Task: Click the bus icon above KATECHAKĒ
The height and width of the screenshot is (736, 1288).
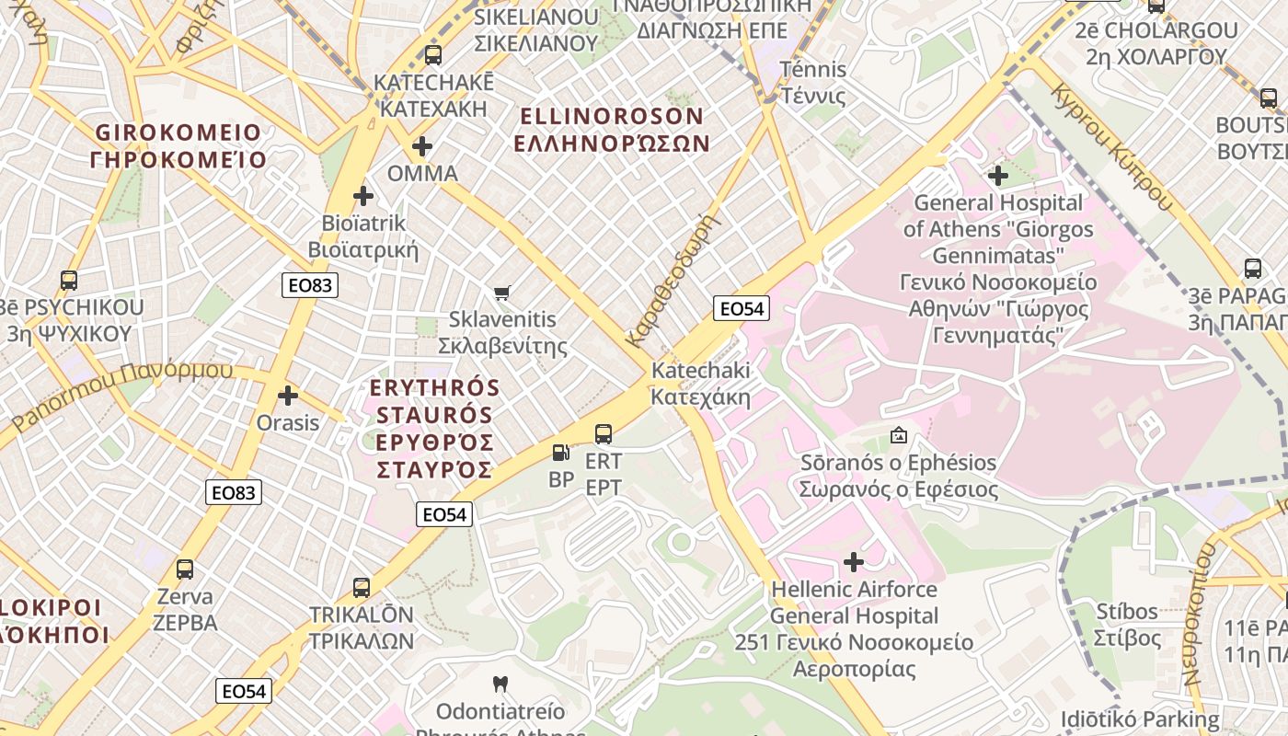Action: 432,55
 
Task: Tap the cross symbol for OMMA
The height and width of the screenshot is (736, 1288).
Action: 422,146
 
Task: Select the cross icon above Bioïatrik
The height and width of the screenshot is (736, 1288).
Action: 363,196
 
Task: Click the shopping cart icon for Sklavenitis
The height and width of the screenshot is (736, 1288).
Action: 501,293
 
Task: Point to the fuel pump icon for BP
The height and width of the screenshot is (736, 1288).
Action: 560,453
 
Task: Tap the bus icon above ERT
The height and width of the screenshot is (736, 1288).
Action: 604,434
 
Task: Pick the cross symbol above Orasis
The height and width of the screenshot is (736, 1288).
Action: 288,397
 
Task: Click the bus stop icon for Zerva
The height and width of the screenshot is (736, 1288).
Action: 185,569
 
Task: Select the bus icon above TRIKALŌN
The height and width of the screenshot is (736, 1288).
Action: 362,588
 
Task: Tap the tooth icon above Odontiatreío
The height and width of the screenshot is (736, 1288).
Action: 500,684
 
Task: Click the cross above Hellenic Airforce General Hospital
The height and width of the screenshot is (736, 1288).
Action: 854,561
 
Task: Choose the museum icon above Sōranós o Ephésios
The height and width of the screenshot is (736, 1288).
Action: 899,435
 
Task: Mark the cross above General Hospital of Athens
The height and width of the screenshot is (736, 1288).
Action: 998,176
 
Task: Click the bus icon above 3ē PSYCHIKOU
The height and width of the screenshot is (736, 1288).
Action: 69,281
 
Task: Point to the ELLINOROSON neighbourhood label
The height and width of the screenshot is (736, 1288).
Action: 612,116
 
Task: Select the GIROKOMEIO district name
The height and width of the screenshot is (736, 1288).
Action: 178,132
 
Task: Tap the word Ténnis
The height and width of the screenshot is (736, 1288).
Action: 813,70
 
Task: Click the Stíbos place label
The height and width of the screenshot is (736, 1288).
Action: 1127,611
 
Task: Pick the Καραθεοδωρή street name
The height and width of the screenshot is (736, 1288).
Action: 671,282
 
